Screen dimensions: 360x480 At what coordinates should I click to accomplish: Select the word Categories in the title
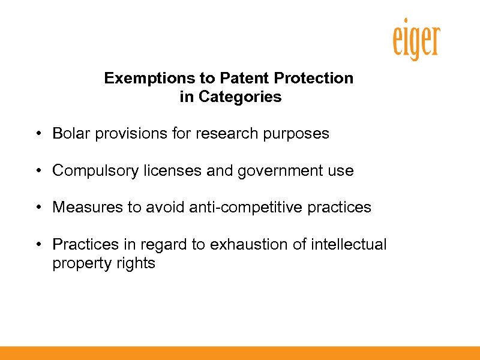tap(247, 97)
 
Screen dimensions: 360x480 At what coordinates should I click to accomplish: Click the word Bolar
tap(68, 133)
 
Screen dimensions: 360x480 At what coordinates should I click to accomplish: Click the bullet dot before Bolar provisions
tap(38, 134)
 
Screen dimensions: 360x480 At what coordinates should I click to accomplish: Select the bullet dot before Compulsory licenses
tap(38, 171)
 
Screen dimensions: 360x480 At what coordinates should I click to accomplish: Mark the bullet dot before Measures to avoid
tap(38, 208)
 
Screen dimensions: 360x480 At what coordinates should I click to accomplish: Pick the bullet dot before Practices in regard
tap(38, 245)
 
